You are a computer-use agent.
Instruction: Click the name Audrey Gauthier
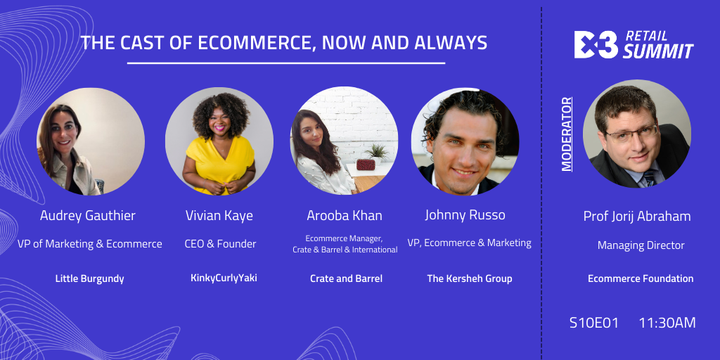[88, 216]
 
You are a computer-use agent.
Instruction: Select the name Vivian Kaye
[219, 216]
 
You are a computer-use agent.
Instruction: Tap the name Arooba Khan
[345, 216]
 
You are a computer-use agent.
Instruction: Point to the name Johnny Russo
[465, 215]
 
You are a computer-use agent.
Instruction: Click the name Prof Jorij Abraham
[637, 217]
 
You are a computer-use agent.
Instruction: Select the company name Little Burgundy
[89, 278]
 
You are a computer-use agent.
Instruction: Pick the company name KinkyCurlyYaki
[224, 278]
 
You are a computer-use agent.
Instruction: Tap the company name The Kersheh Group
[469, 278]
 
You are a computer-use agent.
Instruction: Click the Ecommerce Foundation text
[641, 278]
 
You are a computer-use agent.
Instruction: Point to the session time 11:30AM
[667, 323]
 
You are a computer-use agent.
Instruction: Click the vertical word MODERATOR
[567, 134]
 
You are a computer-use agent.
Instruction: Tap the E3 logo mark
[596, 44]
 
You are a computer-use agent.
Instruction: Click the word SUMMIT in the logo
[657, 51]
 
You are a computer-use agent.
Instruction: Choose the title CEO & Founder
[220, 244]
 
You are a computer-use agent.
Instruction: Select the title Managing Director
[641, 245]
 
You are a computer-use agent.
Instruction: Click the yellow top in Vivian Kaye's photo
[219, 163]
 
